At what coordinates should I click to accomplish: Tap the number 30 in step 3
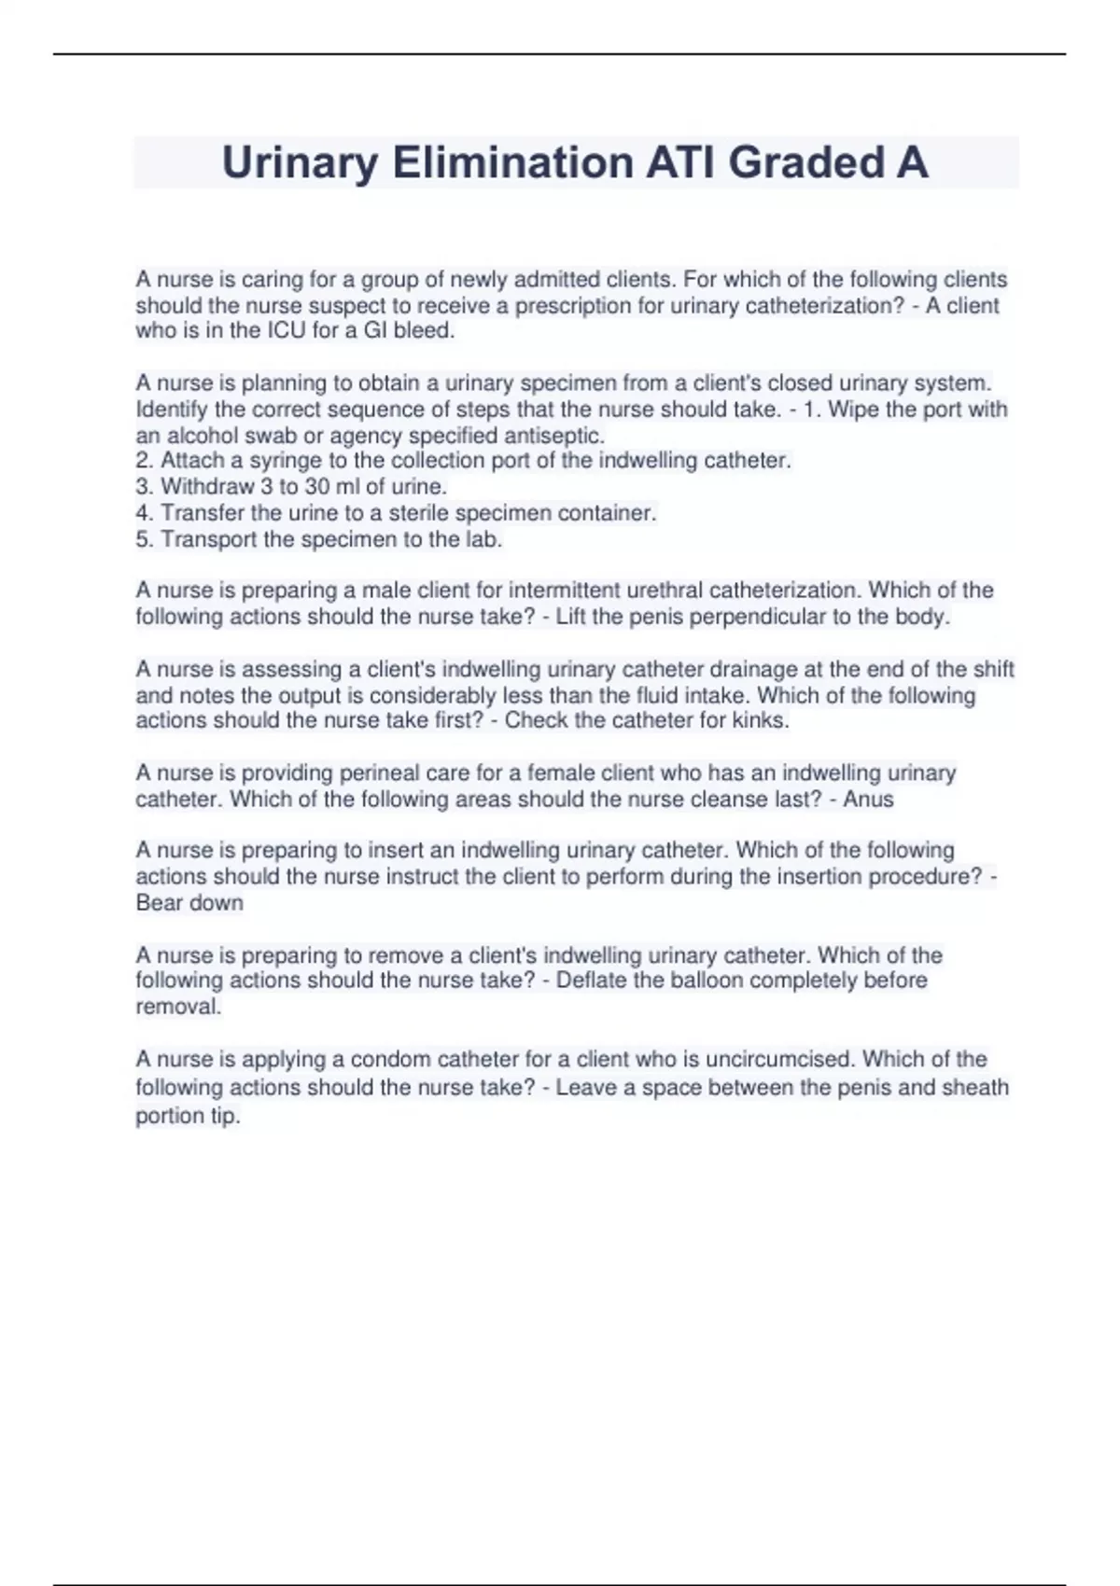coord(318,486)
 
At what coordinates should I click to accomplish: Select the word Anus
coord(868,799)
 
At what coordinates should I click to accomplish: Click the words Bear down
coord(189,902)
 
